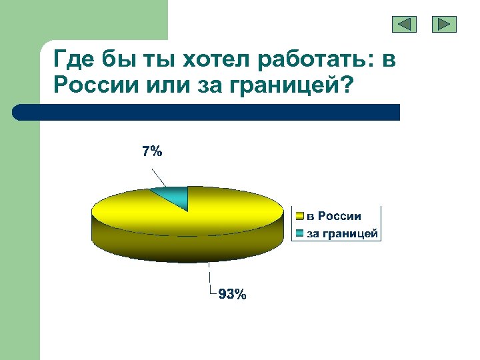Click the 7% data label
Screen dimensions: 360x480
pyautogui.click(x=151, y=151)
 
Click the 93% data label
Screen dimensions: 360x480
pyautogui.click(x=232, y=294)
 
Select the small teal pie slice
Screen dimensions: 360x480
pyautogui.click(x=175, y=196)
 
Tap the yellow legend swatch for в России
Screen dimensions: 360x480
pyautogui.click(x=300, y=216)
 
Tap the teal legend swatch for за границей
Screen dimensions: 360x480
pyautogui.click(x=300, y=233)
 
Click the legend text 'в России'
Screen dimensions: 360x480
pyautogui.click(x=334, y=216)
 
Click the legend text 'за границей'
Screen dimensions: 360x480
pyautogui.click(x=342, y=233)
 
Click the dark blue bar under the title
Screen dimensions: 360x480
pyautogui.click(x=207, y=112)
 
